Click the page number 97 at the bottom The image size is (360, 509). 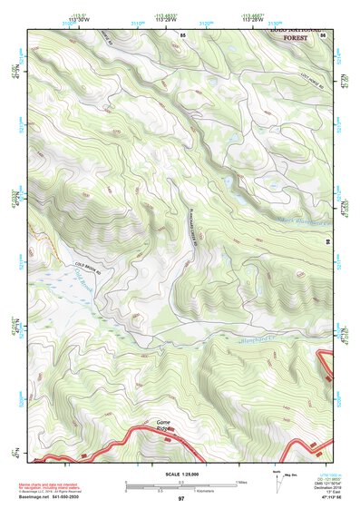[x=180, y=499]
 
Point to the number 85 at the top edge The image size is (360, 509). [x=182, y=34]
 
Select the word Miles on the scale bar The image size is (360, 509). [x=241, y=482]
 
